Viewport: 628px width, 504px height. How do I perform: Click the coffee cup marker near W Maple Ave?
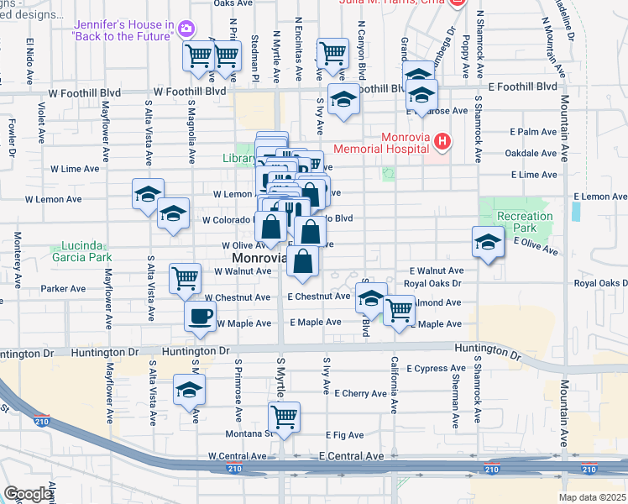(200, 317)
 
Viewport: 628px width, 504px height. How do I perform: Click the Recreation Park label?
(525, 222)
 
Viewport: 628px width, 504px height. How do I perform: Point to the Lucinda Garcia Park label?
(86, 252)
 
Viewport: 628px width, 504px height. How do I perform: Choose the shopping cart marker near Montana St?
(285, 416)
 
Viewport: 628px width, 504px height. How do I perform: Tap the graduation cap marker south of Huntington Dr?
(190, 390)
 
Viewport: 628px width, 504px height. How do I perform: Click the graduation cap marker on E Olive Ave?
(487, 242)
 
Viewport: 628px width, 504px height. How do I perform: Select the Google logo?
(29, 494)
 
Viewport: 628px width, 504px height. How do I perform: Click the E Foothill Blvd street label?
(522, 87)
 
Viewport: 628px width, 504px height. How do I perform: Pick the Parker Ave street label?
(64, 289)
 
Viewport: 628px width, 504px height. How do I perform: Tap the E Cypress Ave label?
(436, 369)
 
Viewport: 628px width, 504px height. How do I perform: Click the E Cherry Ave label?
(360, 393)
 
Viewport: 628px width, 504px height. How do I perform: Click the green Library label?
(239, 158)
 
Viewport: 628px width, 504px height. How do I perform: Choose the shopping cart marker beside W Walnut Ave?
(185, 277)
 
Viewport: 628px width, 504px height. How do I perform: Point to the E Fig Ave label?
(344, 435)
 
